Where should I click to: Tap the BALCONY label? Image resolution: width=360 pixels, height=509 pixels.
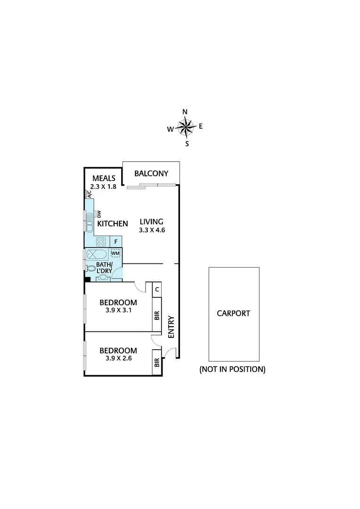(x=151, y=173)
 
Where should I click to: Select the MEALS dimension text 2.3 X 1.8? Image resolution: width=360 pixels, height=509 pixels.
(x=104, y=186)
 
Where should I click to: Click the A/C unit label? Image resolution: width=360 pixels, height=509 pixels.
(x=88, y=194)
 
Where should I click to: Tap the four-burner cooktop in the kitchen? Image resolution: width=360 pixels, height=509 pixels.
(x=101, y=242)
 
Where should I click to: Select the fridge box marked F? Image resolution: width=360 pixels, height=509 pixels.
(x=116, y=242)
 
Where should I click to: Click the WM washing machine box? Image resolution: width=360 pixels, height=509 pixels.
(x=115, y=253)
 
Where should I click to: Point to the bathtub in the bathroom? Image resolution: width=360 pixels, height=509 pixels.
(x=98, y=254)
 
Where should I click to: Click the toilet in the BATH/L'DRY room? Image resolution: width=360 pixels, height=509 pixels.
(x=90, y=269)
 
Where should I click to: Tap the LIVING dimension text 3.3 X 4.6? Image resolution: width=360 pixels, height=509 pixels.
(x=151, y=230)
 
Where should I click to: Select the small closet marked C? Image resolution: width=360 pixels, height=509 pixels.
(x=157, y=289)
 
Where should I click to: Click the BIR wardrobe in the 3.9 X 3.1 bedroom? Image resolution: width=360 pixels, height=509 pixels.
(x=157, y=315)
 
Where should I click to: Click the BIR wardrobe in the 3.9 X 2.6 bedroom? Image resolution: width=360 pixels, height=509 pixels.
(x=157, y=362)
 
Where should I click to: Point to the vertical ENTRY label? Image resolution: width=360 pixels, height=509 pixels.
(x=171, y=326)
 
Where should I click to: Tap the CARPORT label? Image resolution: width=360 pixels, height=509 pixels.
(x=233, y=313)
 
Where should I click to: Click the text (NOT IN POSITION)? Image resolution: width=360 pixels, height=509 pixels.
(x=232, y=369)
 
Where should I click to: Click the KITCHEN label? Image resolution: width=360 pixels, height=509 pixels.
(x=112, y=223)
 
